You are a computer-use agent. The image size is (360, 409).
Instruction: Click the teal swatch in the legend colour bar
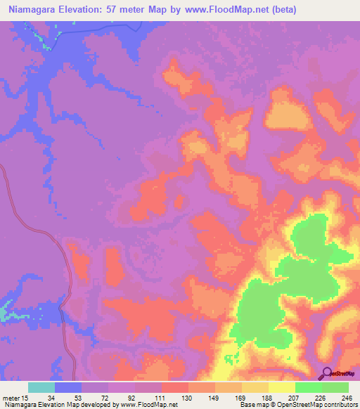click(x=41, y=387)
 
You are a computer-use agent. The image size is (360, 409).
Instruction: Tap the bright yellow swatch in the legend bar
click(x=282, y=387)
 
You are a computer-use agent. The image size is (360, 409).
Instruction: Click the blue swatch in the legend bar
click(x=68, y=387)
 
